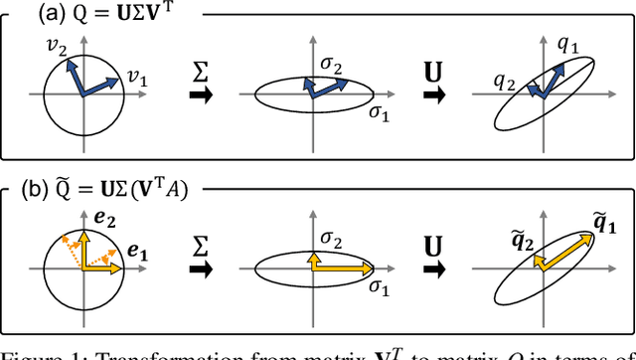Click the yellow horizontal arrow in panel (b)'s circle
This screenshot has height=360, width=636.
click(x=99, y=267)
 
